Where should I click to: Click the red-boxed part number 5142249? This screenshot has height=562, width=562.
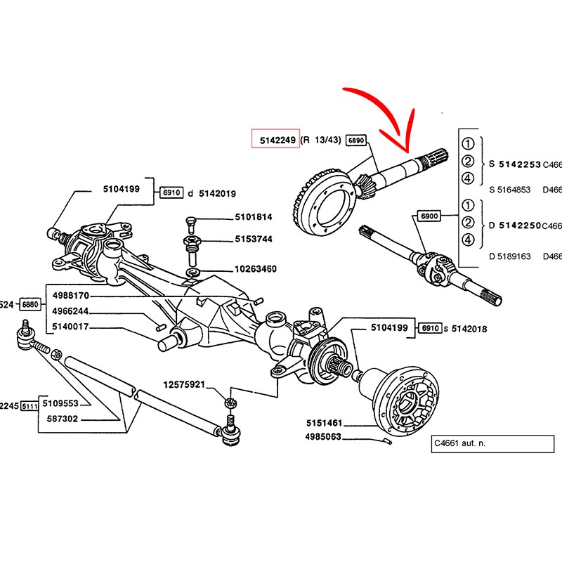[276, 140]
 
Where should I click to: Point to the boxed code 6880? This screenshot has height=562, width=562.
[31, 305]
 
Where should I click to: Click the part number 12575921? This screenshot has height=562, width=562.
[184, 385]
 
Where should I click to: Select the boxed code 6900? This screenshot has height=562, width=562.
[429, 216]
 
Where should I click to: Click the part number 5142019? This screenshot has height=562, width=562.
[218, 193]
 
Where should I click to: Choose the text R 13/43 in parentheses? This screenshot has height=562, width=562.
[321, 140]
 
